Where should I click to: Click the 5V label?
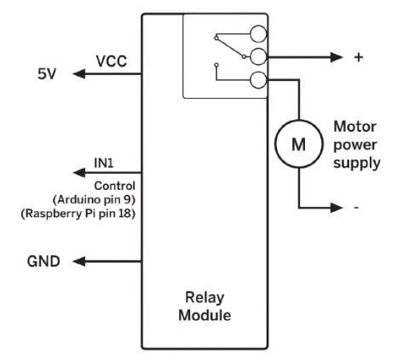(47, 74)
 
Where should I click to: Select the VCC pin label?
(112, 61)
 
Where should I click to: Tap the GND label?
(43, 261)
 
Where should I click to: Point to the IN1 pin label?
(104, 163)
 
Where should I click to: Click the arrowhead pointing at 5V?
(79, 74)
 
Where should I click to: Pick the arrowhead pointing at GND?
(79, 261)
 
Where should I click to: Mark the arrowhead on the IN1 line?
(79, 173)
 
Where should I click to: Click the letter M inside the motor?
(299, 144)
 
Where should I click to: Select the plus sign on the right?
(359, 57)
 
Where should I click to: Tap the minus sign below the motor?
(356, 208)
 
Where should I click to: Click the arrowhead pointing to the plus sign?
(337, 57)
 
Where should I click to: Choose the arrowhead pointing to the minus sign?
(337, 208)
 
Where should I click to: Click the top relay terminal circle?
(258, 34)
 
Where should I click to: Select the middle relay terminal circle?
(258, 57)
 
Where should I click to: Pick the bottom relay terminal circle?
(258, 80)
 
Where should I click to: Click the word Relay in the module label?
(204, 298)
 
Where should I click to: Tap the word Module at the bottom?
(204, 315)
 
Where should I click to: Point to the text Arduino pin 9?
(94, 200)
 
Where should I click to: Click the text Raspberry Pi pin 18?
(78, 214)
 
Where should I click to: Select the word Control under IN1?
(115, 186)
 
